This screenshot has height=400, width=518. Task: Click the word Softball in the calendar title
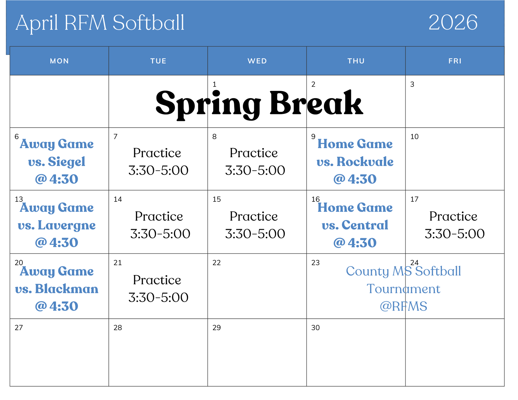(x=148, y=22)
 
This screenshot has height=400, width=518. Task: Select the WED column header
(x=257, y=61)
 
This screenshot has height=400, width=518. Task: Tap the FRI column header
(x=455, y=61)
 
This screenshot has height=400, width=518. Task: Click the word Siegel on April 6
(x=66, y=162)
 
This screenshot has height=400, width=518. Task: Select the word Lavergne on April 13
(x=67, y=225)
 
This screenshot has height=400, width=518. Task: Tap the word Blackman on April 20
(x=67, y=289)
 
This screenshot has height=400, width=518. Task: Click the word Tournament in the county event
(x=403, y=289)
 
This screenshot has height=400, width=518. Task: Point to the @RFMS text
(x=403, y=306)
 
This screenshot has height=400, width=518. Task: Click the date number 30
(x=315, y=328)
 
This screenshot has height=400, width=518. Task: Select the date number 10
(x=414, y=137)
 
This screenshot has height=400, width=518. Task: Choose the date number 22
(x=217, y=263)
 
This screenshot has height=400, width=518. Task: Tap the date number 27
(x=19, y=328)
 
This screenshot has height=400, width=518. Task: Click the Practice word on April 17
(x=453, y=216)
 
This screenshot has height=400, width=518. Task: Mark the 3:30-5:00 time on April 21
(x=158, y=298)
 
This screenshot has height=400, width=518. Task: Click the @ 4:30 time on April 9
(x=355, y=179)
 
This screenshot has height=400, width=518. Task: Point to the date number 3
(x=412, y=84)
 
